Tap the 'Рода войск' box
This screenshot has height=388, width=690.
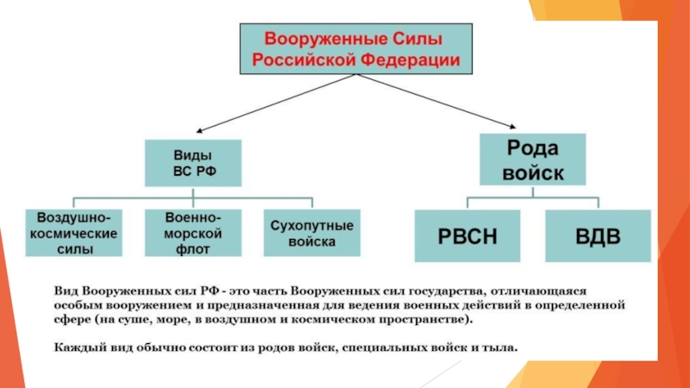pyautogui.click(x=532, y=159)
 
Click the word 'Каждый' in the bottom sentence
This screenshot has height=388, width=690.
pyautogui.click(x=74, y=348)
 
